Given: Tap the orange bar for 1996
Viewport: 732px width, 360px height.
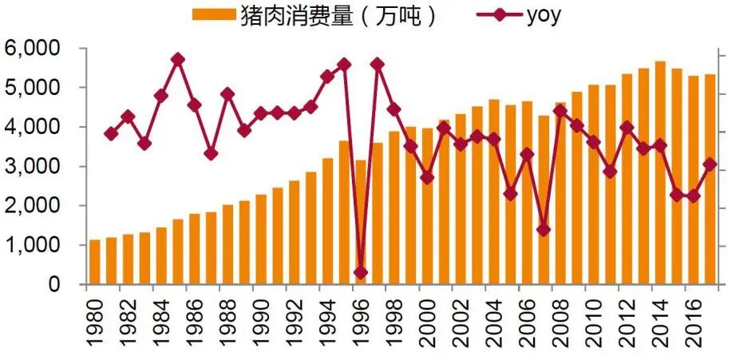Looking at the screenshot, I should (361, 223).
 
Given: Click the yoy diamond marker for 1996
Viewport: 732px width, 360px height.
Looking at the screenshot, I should (361, 273).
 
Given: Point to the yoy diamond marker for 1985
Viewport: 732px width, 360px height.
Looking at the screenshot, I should (178, 60).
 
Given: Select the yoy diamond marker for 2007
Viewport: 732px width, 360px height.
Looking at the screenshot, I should (544, 230).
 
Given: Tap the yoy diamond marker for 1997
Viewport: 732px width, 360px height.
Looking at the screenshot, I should (378, 64).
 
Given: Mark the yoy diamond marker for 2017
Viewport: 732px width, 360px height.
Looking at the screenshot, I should (710, 164).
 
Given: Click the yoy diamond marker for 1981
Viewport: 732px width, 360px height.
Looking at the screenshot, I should (111, 133).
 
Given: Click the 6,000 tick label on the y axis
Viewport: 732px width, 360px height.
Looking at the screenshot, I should (33, 49).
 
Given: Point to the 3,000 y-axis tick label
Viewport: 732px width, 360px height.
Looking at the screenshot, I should (33, 167).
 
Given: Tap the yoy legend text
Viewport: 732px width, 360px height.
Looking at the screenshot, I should (543, 16).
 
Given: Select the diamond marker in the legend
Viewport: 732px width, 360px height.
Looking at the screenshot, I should (501, 15).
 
